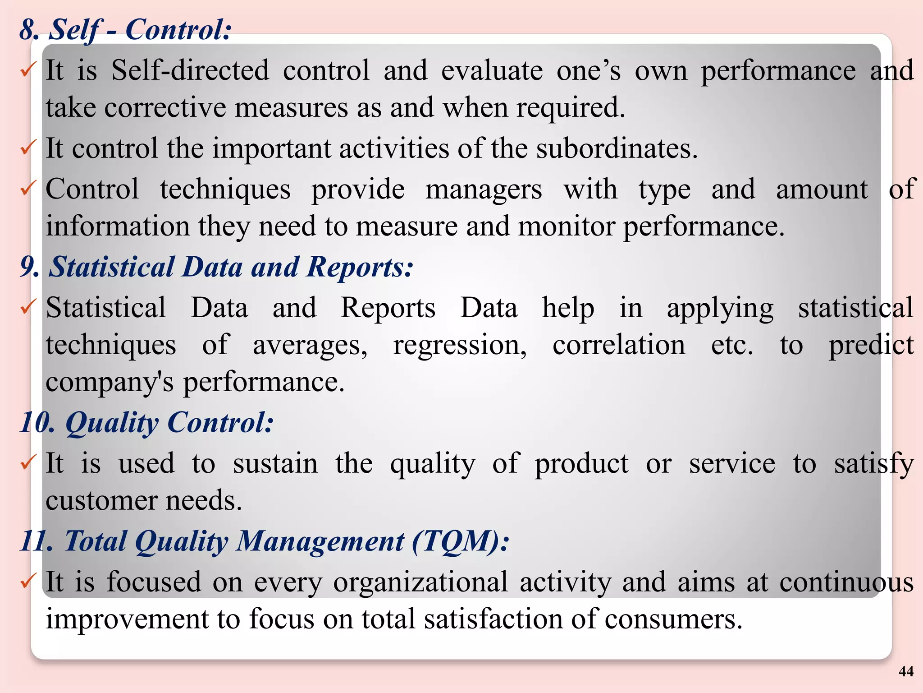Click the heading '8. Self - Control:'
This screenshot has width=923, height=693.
pyautogui.click(x=125, y=30)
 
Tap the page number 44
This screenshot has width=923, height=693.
pyautogui.click(x=906, y=671)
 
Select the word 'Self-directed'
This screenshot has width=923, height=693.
pyautogui.click(x=190, y=71)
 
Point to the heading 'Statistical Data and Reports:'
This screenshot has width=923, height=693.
pyautogui.click(x=230, y=267)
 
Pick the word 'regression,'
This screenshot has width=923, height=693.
pyautogui.click(x=460, y=346)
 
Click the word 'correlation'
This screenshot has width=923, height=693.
pyautogui.click(x=619, y=346)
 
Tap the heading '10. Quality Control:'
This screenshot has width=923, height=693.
pyautogui.click(x=146, y=423)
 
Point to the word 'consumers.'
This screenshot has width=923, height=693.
pyautogui.click(x=673, y=619)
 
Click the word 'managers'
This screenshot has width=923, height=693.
pyautogui.click(x=484, y=190)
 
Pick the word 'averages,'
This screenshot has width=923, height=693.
pyautogui.click(x=310, y=346)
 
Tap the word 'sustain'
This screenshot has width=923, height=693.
pyautogui.click(x=275, y=464)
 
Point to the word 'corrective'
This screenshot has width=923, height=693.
pyautogui.click(x=165, y=108)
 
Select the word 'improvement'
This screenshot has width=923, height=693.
pyautogui.click(x=127, y=619)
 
